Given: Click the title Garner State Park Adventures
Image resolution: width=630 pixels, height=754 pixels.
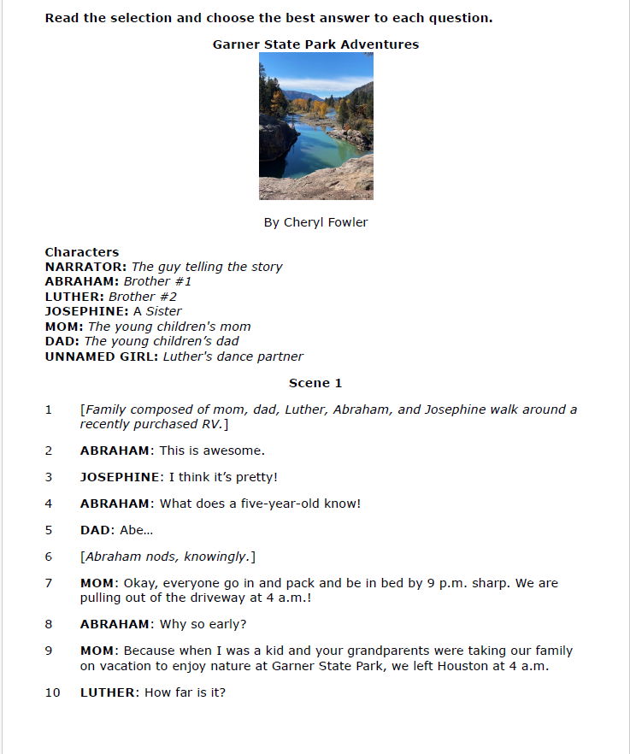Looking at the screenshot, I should (315, 44).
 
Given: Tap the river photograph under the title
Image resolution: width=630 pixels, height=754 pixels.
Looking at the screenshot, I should (315, 126).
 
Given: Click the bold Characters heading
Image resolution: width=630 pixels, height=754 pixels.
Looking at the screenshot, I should (82, 252).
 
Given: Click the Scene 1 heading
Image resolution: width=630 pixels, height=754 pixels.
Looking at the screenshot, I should (315, 383).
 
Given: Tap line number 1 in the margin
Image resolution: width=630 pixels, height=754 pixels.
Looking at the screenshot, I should (49, 409).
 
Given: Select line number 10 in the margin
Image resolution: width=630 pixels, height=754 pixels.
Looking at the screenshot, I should (52, 692).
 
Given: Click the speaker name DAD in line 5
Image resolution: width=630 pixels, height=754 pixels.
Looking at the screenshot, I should (94, 530).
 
